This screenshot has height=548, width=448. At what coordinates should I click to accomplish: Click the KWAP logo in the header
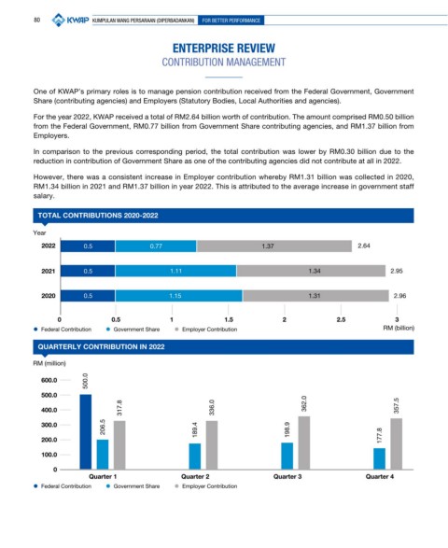tap(70, 20)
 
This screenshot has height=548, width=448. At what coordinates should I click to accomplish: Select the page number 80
tap(36, 20)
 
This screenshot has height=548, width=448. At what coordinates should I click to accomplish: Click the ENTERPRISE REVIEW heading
tap(224, 49)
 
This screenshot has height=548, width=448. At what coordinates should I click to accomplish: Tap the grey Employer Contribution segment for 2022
tap(274, 246)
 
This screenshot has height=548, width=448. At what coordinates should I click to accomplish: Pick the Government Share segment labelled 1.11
tap(175, 271)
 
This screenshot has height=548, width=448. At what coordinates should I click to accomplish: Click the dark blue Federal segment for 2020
tap(88, 296)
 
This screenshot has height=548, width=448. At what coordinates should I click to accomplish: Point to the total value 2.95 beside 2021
tap(397, 271)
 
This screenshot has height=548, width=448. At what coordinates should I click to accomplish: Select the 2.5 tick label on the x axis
tap(341, 319)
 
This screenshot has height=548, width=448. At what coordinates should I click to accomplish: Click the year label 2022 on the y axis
tap(49, 246)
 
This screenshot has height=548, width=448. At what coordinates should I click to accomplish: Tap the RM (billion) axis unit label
tap(399, 328)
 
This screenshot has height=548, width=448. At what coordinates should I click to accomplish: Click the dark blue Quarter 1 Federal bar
tap(86, 431)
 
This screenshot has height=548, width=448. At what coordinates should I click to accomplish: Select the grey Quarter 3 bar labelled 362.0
tap(304, 443)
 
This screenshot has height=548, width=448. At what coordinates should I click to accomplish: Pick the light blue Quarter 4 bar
tap(379, 458)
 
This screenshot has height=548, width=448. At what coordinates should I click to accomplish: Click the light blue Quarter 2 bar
tap(195, 457)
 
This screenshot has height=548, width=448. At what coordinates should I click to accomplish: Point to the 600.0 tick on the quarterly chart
tap(49, 380)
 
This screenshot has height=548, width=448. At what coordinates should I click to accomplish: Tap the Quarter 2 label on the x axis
tap(195, 476)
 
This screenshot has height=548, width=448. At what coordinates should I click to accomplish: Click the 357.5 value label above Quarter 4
tap(397, 405)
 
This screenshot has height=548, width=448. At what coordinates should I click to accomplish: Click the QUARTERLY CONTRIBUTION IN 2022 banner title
tap(102, 346)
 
